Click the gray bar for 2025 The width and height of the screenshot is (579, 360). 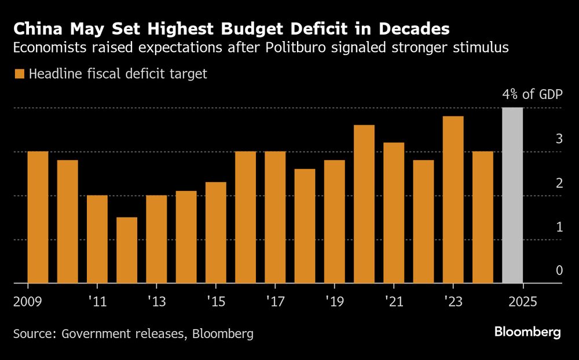coord(512,196)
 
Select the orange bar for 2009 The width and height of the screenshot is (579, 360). coord(38,217)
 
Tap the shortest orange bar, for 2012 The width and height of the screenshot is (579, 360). coord(127,250)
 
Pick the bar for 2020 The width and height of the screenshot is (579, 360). coord(364,204)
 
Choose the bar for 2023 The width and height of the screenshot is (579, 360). coord(453,200)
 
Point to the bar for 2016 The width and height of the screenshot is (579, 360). coord(245,217)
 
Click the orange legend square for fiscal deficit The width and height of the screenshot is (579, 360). coord(20,74)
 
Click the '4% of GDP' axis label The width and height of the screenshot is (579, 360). coord(532,95)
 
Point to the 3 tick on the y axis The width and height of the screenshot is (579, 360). coord(559,139)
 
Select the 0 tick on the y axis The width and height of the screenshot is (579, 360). coord(559,270)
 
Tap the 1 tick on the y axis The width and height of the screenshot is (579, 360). coord(559,227)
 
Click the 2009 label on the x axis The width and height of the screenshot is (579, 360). coord(27,302)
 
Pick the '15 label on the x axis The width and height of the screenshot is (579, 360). coord(215,302)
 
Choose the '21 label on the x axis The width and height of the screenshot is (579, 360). coord(393,302)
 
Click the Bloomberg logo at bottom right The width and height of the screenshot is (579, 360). coord(527,332)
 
